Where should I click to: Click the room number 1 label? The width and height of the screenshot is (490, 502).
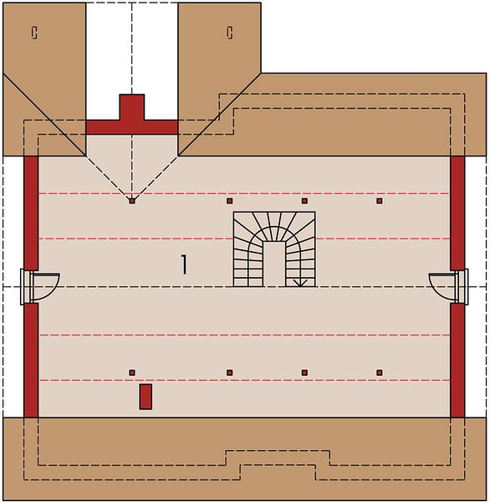[x=184, y=264]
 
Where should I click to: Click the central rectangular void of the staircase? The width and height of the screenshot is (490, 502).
[x=274, y=264]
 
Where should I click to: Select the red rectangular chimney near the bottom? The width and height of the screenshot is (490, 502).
[x=145, y=397]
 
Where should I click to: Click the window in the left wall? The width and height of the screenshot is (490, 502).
[x=27, y=287]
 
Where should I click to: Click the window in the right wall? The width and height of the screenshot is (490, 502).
[x=462, y=286]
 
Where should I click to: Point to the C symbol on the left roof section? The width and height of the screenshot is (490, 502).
[x=34, y=33]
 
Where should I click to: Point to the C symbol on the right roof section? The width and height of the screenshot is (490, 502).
[x=229, y=33]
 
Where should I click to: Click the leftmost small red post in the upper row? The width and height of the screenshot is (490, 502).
[x=132, y=201]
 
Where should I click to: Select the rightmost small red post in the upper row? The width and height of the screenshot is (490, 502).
[x=380, y=201]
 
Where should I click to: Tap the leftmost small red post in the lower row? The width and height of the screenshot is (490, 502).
[x=132, y=372]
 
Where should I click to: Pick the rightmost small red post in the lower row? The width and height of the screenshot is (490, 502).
[x=380, y=372]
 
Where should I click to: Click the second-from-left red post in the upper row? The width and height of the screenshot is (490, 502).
[x=229, y=201]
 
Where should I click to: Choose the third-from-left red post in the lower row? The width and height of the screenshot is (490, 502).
[x=304, y=372]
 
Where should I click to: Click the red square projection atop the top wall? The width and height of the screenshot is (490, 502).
[x=132, y=107]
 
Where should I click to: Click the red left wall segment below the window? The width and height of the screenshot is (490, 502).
[x=31, y=361]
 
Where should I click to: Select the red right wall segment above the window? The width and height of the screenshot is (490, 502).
[x=457, y=213]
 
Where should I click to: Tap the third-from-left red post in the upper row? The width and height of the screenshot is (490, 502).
[x=304, y=201]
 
